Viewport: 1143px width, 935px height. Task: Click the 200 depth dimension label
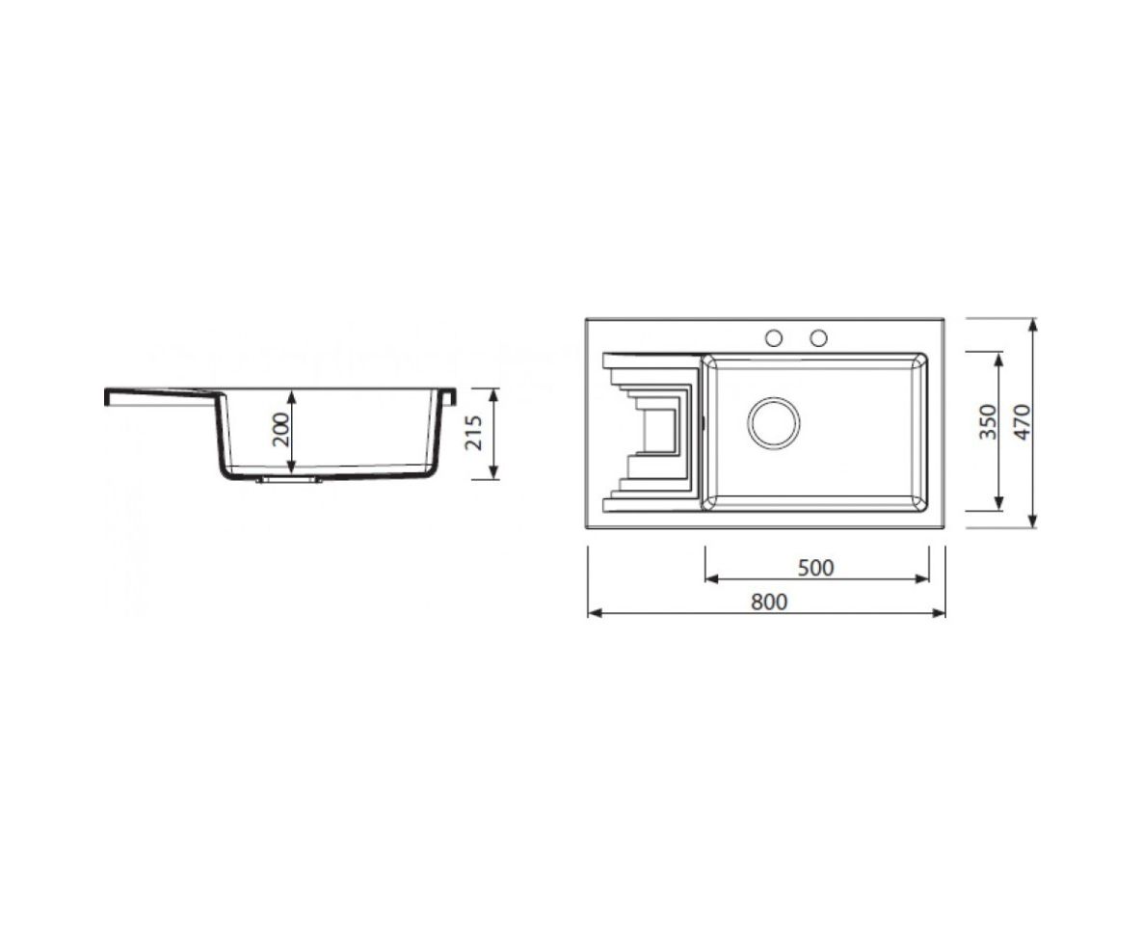click(x=280, y=430)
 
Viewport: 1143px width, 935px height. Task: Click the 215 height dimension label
click(x=474, y=433)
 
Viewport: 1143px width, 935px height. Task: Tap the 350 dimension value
click(x=987, y=421)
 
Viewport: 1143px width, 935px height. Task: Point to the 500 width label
click(x=815, y=567)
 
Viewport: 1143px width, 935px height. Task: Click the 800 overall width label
click(x=769, y=601)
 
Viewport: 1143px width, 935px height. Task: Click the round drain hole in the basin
click(x=774, y=423)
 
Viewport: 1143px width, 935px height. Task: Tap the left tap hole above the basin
click(x=774, y=338)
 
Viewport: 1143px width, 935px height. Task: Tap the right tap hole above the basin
click(x=818, y=338)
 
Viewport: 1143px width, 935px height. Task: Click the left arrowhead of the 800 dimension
click(x=594, y=613)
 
